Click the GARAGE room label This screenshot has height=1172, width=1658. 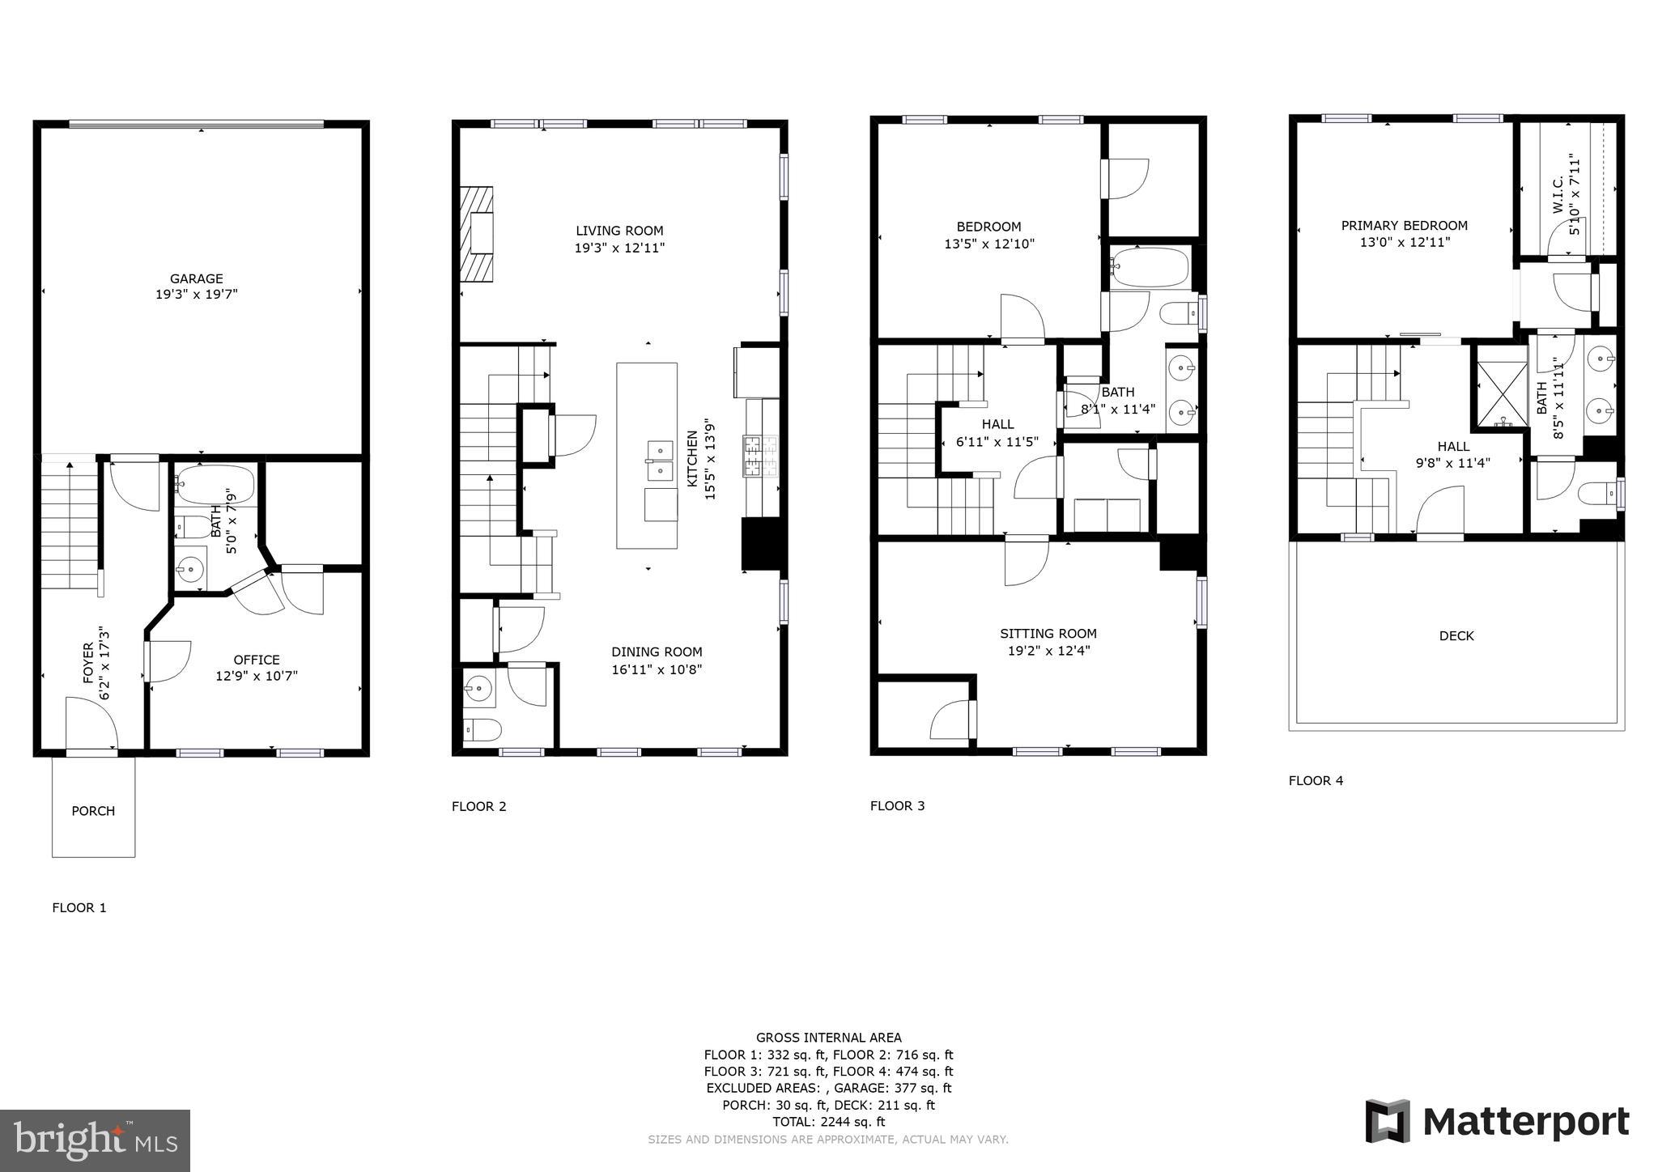(x=196, y=278)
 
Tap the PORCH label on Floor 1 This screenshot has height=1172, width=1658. (x=93, y=811)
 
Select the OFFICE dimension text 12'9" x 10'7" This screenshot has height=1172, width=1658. (x=257, y=677)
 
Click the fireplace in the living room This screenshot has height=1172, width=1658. (x=477, y=234)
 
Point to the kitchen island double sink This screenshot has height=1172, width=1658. (x=660, y=460)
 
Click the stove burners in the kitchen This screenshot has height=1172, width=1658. (x=759, y=455)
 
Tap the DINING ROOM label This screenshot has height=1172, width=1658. (x=657, y=652)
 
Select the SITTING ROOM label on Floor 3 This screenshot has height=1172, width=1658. (x=1048, y=634)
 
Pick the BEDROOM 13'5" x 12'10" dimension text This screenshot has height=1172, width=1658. (x=989, y=244)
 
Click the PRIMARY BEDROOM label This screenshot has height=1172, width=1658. (x=1404, y=226)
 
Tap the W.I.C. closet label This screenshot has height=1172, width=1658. (x=1558, y=196)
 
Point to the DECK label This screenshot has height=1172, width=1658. (x=1456, y=636)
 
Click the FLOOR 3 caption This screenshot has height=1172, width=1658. (x=897, y=805)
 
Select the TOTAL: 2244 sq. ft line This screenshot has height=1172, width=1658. (x=828, y=1122)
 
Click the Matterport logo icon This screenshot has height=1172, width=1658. (x=1388, y=1121)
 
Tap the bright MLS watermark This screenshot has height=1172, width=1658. (x=95, y=1140)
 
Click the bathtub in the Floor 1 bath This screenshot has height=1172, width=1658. (x=215, y=484)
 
